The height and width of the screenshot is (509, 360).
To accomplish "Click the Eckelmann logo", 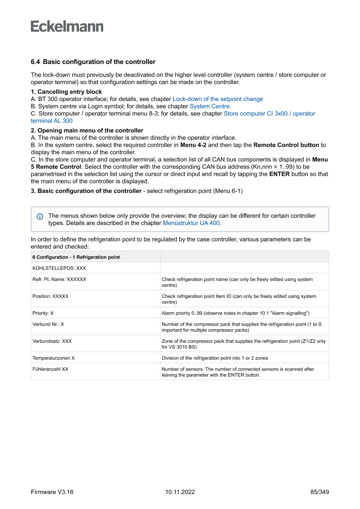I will [x=67, y=26].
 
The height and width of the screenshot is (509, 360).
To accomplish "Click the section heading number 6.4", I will [x=36, y=62].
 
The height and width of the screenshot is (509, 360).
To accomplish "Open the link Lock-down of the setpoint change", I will [x=218, y=99].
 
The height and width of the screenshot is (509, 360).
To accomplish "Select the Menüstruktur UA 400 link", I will [x=192, y=223].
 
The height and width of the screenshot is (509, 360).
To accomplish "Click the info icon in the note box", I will [x=40, y=216].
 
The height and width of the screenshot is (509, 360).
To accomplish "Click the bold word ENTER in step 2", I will [x=279, y=174].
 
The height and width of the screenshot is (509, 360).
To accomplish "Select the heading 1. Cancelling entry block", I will [x=66, y=92].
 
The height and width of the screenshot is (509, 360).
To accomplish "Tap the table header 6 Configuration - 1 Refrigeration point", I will [x=76, y=257].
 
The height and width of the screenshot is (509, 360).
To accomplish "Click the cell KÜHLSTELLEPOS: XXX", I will [x=59, y=268].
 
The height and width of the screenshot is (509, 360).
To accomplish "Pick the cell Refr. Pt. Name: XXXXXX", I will [x=59, y=279].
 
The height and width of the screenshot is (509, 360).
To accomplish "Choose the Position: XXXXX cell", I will [x=50, y=296].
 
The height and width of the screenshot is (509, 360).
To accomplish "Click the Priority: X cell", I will [x=43, y=313].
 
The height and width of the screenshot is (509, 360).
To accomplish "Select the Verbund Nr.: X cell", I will [x=48, y=324].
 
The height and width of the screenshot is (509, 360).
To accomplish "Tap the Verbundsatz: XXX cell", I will [x=52, y=341].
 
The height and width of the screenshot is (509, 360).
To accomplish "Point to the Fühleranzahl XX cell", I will [x=50, y=369].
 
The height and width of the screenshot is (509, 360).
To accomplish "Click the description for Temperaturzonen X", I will [x=215, y=358].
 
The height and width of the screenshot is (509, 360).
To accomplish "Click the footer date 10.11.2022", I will [x=180, y=492].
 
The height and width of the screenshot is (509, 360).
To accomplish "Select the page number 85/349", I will [x=320, y=492].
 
